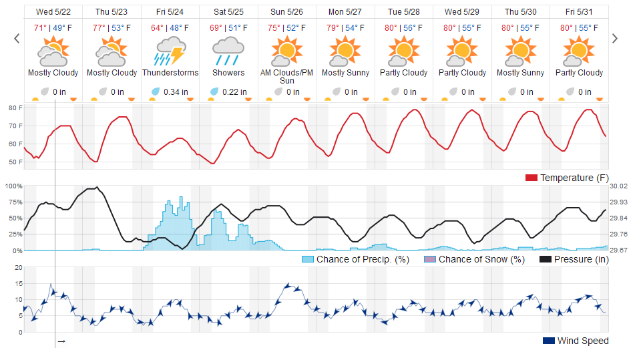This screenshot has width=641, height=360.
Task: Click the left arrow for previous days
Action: pyautogui.click(x=17, y=39)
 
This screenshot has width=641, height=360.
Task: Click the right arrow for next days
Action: pyautogui.click(x=615, y=39)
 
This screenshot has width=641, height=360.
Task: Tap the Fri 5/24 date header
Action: pyautogui.click(x=170, y=12)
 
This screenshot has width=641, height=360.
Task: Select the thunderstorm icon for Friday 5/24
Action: pyautogui.click(x=170, y=50)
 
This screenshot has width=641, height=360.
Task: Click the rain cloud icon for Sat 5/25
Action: pyautogui.click(x=228, y=50)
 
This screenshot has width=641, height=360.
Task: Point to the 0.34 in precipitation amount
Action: pyautogui.click(x=176, y=92)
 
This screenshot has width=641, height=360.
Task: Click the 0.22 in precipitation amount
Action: pyautogui.click(x=234, y=92)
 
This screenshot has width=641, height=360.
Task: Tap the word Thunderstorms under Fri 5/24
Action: pyautogui.click(x=170, y=73)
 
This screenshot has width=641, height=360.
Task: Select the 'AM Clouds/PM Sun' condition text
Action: pyautogui.click(x=287, y=77)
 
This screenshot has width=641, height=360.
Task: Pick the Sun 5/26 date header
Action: pyautogui.click(x=287, y=12)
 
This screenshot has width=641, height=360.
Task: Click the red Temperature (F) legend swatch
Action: pyautogui.click(x=531, y=178)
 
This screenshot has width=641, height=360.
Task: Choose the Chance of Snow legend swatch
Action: pyautogui.click(x=430, y=259)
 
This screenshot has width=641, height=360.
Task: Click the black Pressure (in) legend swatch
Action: pyautogui.click(x=545, y=259)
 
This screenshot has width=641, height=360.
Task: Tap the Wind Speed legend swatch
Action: pyautogui.click(x=548, y=341)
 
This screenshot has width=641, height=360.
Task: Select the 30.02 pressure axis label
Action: pyautogui.click(x=618, y=186)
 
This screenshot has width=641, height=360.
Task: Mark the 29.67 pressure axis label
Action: pyautogui.click(x=618, y=250)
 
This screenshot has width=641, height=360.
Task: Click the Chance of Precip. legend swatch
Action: pyautogui.click(x=308, y=259)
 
